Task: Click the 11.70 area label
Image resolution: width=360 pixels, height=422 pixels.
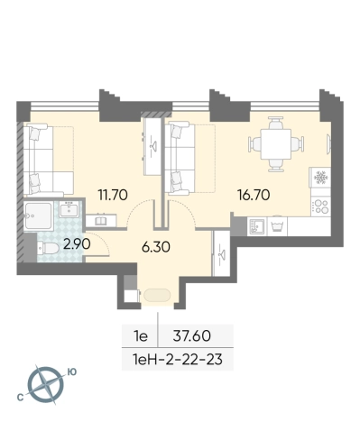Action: (x=113, y=195)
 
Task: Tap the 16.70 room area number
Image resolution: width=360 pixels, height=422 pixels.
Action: (x=254, y=195)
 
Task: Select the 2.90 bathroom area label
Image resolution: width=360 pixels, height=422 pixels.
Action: (x=77, y=244)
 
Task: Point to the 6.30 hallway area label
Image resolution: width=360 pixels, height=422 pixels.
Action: (x=156, y=247)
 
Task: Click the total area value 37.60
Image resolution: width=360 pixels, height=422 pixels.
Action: (x=192, y=336)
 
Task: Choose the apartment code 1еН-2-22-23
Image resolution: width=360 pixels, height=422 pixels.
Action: (x=178, y=359)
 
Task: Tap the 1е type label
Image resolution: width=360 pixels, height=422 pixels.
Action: (x=140, y=336)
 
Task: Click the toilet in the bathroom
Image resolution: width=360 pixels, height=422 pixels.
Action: (x=48, y=248)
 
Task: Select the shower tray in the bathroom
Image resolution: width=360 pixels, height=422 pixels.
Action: (x=39, y=216)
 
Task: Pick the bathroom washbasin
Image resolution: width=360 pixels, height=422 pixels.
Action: (x=69, y=209)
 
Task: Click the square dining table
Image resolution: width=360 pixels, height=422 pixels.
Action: (x=276, y=144)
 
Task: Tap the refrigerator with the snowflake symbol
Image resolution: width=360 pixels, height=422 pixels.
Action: (x=320, y=178)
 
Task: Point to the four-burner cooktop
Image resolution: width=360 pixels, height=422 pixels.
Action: (x=320, y=206)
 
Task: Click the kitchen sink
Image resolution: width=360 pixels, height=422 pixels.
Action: (x=256, y=226)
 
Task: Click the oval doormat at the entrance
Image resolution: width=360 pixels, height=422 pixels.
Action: (x=157, y=295)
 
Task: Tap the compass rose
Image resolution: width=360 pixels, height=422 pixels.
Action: (x=46, y=385)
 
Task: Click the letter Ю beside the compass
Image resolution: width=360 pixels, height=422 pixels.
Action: (x=71, y=372)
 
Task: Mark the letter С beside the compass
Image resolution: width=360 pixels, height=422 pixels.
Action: (x=20, y=398)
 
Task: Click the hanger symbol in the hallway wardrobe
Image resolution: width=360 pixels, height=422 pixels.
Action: (x=222, y=254)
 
